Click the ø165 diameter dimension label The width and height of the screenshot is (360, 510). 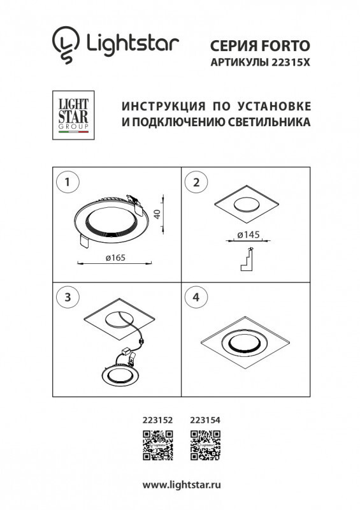click(x=114, y=257)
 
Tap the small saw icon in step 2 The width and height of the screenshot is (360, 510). click(x=247, y=258)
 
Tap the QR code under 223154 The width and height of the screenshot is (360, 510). click(x=205, y=445)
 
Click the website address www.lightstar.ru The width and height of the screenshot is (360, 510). click(x=180, y=485)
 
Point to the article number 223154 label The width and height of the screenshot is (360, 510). click(x=205, y=420)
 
